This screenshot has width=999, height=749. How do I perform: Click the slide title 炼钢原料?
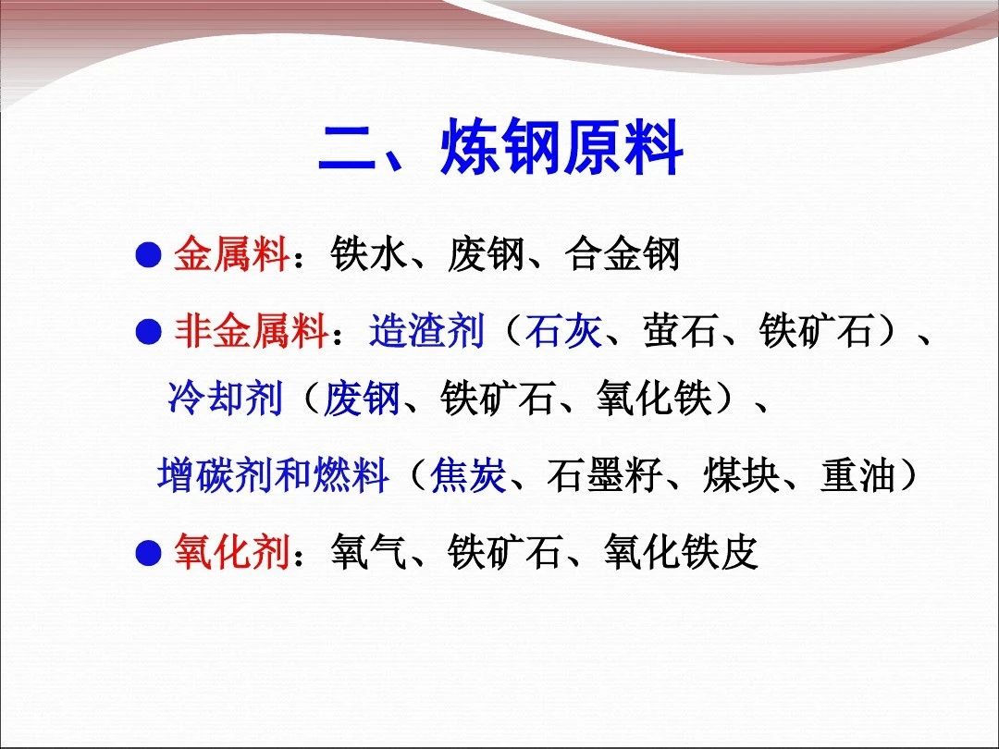561,148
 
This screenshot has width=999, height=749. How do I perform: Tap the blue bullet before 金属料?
148,255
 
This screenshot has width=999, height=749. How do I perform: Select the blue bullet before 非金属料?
148,332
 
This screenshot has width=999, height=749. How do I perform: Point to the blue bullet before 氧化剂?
148,553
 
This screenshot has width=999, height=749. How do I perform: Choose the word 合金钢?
622,255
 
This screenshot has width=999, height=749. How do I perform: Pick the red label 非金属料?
252,332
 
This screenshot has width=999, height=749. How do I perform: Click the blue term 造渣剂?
426,332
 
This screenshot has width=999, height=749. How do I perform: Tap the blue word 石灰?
562,332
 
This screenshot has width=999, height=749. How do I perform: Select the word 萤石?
680,332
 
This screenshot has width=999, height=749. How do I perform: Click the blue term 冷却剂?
226,399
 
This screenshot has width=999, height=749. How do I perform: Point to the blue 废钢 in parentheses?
362,399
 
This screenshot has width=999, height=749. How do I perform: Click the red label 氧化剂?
232,552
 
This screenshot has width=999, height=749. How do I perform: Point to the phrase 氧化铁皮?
681,552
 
